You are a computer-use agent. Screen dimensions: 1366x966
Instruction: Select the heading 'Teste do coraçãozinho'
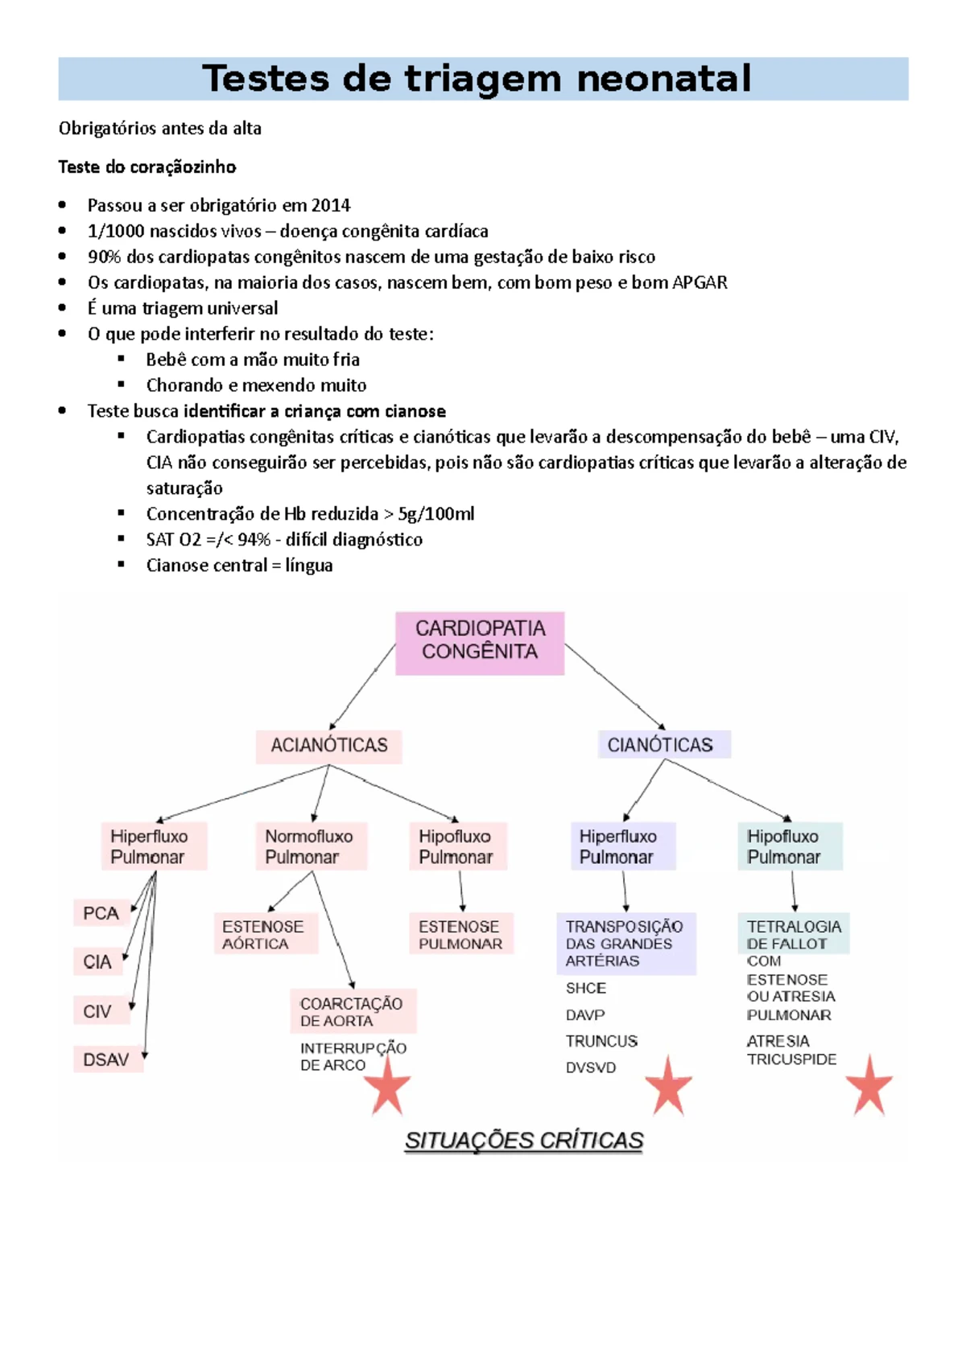pyautogui.click(x=147, y=167)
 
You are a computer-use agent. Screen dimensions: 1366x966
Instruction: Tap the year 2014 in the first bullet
pyautogui.click(x=331, y=205)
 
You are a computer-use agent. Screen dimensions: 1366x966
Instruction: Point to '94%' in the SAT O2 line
pyautogui.click(x=254, y=540)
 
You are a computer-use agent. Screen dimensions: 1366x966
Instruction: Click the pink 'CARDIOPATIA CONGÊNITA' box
pyautogui.click(x=480, y=643)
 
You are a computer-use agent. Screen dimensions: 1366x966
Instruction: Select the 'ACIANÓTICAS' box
pyautogui.click(x=328, y=746)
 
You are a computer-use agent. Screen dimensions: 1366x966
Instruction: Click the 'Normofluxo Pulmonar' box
pyautogui.click(x=310, y=846)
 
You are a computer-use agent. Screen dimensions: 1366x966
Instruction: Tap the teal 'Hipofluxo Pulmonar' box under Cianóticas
pyautogui.click(x=790, y=846)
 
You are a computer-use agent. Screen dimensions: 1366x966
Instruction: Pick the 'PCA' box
pyautogui.click(x=101, y=914)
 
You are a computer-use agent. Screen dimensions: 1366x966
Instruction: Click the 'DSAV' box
pyautogui.click(x=107, y=1060)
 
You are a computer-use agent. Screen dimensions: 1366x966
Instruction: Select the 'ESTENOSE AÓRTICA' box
pyautogui.click(x=264, y=935)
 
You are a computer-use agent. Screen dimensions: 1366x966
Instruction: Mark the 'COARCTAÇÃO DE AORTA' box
pyautogui.click(x=353, y=1012)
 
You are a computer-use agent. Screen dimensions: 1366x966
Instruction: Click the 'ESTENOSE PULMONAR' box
pyautogui.click(x=460, y=935)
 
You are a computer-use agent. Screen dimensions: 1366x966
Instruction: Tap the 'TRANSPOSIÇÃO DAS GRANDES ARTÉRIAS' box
pyautogui.click(x=625, y=944)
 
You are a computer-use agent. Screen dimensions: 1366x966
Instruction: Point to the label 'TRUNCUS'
pyautogui.click(x=601, y=1042)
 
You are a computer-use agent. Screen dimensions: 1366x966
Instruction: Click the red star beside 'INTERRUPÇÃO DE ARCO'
pyautogui.click(x=388, y=1087)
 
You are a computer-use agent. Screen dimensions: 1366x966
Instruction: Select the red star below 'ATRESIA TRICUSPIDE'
pyautogui.click(x=869, y=1087)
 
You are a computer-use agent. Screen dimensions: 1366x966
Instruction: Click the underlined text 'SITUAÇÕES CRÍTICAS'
pyautogui.click(x=524, y=1141)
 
